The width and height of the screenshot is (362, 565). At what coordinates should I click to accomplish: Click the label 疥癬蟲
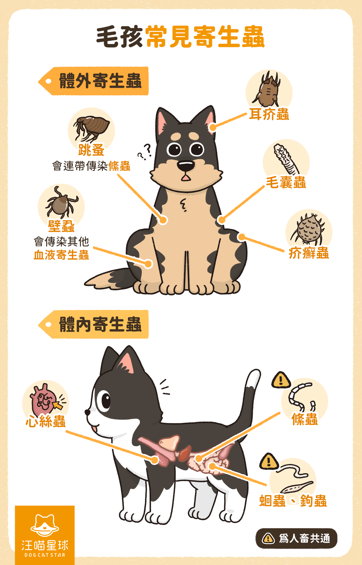(309, 253)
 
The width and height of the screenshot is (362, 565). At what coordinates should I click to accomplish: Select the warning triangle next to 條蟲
(281, 380)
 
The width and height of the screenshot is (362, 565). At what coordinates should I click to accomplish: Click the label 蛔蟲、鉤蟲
(293, 501)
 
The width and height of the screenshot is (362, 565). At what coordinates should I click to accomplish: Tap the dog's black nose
(185, 166)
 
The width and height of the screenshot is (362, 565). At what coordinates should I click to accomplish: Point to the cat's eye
(106, 401)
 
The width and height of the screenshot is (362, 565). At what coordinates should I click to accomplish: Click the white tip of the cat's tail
(253, 378)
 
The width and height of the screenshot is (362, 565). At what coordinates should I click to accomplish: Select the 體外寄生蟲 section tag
(94, 81)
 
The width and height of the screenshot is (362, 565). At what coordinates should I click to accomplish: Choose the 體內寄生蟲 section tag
(94, 324)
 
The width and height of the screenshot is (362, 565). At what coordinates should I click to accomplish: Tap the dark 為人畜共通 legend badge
(296, 538)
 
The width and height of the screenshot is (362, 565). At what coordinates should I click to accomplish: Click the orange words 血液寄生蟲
(61, 255)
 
